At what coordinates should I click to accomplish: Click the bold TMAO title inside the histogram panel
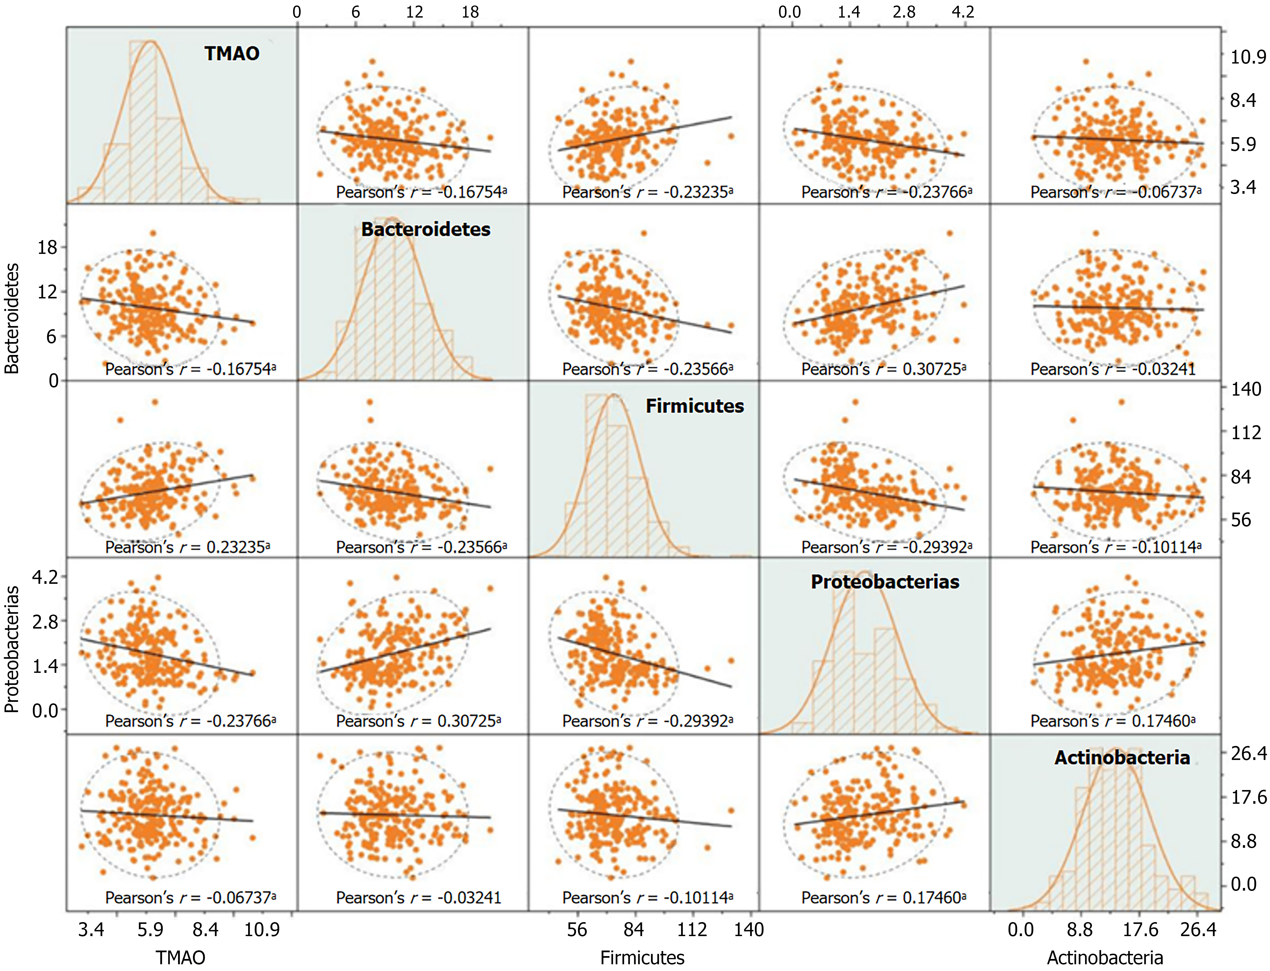(x=232, y=54)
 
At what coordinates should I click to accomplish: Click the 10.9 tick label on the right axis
(x=1247, y=57)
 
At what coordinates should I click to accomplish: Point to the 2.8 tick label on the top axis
(x=904, y=12)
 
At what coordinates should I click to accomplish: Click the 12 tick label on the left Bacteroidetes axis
(x=47, y=292)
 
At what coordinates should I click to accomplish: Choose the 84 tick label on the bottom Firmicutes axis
(x=633, y=929)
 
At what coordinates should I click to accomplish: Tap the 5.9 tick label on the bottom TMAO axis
(x=150, y=929)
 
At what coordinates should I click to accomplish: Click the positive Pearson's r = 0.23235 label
(x=187, y=547)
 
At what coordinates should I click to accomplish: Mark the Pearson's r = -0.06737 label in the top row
(x=1116, y=192)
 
